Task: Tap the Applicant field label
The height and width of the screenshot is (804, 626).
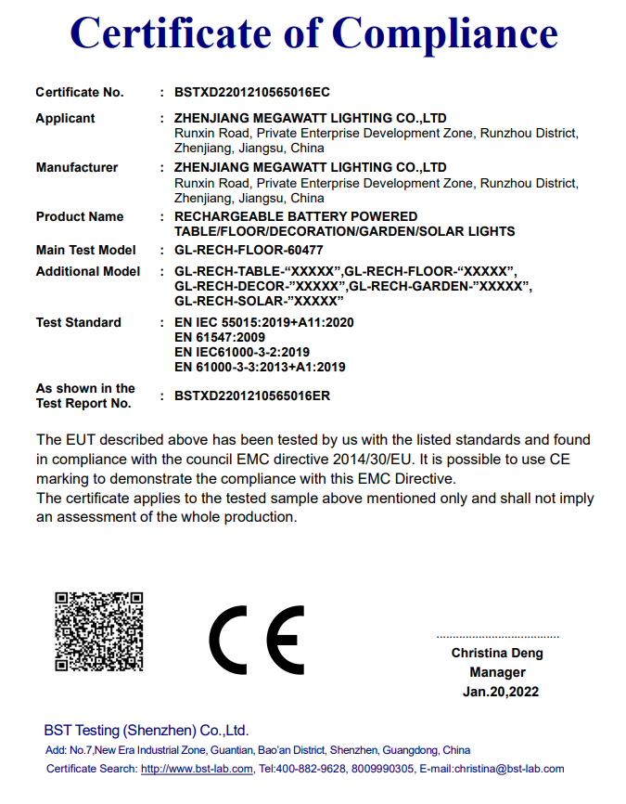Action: click(x=65, y=118)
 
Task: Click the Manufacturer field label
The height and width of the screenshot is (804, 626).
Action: click(x=77, y=167)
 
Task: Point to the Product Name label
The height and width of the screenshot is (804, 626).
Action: click(x=80, y=216)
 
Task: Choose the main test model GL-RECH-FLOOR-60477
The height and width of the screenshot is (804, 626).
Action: click(x=249, y=250)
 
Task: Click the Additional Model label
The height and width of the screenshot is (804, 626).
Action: click(x=88, y=271)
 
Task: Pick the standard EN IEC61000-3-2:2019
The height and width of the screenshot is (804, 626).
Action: click(x=242, y=352)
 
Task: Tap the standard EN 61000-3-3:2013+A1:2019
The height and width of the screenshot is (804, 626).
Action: click(x=260, y=367)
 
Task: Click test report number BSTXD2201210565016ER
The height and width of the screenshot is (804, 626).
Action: click(x=252, y=396)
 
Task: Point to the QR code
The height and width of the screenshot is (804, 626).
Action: click(x=98, y=631)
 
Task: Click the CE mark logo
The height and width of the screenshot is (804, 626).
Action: click(x=257, y=642)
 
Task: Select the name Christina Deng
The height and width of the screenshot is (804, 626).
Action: click(x=497, y=653)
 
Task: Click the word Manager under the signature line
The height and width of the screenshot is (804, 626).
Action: click(x=497, y=672)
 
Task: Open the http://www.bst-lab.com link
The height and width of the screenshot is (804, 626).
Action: click(x=197, y=769)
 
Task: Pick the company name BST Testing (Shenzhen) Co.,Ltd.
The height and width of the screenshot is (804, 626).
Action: click(x=147, y=730)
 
